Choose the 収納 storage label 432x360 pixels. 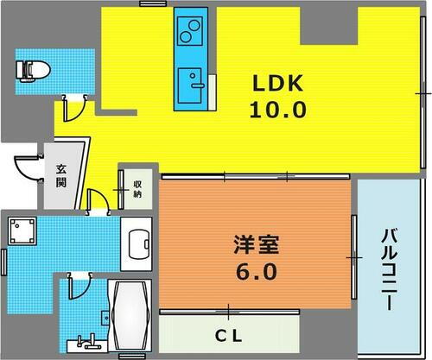click(137, 188)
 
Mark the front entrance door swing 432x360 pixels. click(30, 169)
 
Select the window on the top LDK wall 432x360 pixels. click(152, 4)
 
